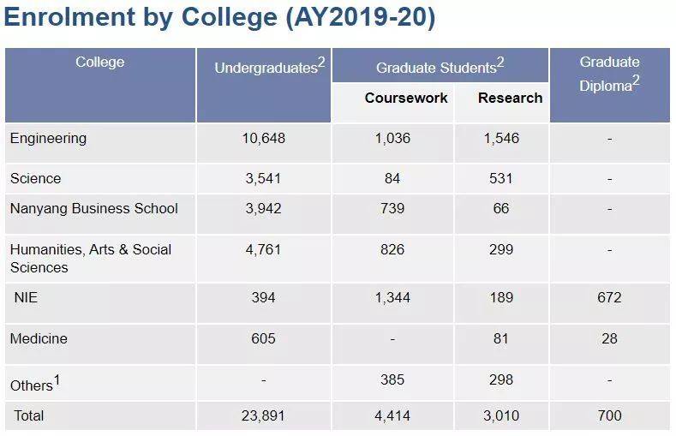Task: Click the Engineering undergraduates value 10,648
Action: [263, 138]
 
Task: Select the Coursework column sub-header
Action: [406, 98]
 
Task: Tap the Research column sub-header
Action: [510, 98]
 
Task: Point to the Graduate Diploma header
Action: [609, 74]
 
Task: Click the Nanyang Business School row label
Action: [94, 208]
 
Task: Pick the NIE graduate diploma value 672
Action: [609, 297]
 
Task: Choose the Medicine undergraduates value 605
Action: [263, 338]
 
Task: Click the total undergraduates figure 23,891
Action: [263, 415]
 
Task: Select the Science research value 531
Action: [501, 178]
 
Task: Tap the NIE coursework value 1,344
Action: [392, 297]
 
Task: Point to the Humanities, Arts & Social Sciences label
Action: [91, 258]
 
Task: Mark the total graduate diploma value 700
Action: [609, 415]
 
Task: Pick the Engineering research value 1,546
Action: [501, 138]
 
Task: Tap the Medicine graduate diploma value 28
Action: [609, 338]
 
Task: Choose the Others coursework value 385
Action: [392, 379]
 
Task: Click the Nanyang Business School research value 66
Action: [501, 208]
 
